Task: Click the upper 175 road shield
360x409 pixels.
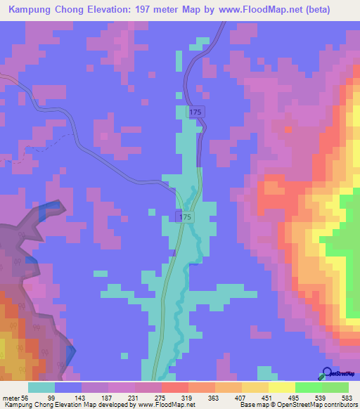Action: (x=195, y=112)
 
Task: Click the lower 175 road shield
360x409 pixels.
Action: (x=184, y=218)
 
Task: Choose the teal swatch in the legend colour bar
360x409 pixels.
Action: (x=41, y=387)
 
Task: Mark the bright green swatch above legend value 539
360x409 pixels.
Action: (x=308, y=387)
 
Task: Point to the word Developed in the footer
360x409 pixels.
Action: (x=115, y=405)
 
